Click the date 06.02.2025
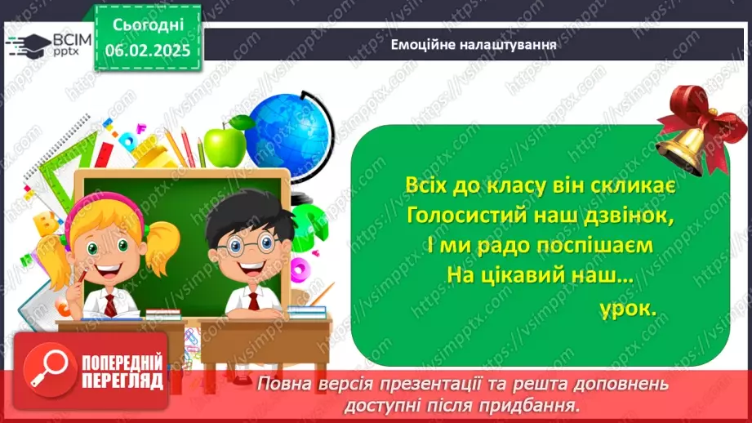[x=147, y=50]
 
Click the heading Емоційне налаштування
[x=474, y=46]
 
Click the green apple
[x=225, y=144]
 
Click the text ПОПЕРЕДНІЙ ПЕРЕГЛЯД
[x=122, y=370]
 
